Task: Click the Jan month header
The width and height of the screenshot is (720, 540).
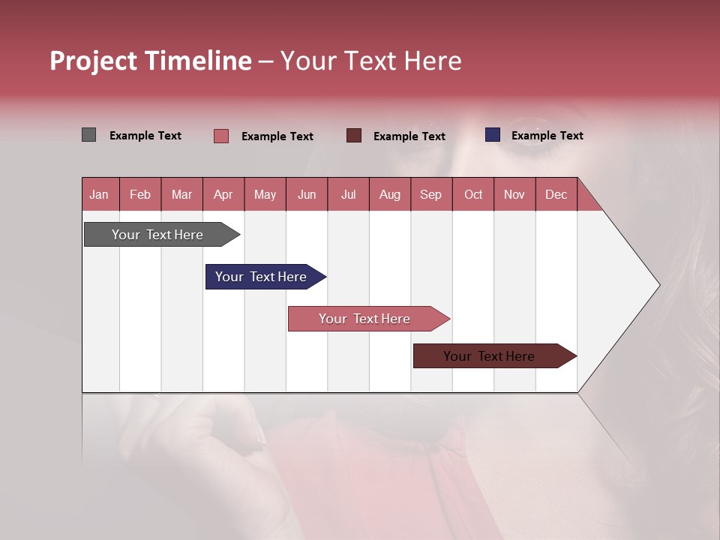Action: point(100,194)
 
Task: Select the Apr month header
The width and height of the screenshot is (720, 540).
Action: point(223,194)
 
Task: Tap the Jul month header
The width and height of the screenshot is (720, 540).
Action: point(348,194)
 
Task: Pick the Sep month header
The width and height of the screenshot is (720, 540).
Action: point(430,194)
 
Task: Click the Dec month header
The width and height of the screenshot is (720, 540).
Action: point(556,194)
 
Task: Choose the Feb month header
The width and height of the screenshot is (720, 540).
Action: point(140,194)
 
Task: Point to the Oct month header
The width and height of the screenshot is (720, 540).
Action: point(473,194)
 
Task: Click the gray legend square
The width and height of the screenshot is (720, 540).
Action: point(89,135)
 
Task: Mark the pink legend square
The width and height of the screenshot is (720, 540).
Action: point(221,136)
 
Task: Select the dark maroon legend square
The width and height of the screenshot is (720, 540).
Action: point(354,136)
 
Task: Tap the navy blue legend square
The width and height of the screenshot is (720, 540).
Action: point(493,135)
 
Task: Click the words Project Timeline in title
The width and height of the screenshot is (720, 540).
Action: point(151,61)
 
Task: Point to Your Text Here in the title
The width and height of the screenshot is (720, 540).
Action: point(371,61)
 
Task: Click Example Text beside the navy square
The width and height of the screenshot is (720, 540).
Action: point(547,136)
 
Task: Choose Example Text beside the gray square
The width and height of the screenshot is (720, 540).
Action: point(145,136)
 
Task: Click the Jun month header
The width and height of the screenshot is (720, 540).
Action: point(307,194)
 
